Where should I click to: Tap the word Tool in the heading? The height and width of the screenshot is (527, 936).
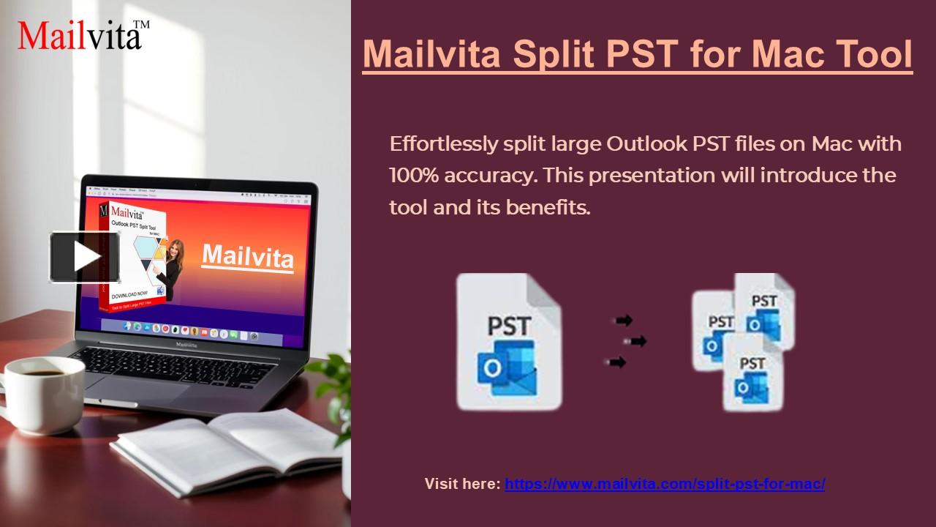874,53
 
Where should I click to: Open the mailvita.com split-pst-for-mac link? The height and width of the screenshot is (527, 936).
665,484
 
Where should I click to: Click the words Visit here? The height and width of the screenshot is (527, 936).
462,484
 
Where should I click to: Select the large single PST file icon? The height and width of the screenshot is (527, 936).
509,341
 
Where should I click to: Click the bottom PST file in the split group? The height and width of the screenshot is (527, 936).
752,373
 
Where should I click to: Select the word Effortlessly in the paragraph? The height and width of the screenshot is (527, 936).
443,143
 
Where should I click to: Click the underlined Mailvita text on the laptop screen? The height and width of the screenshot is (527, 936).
247,256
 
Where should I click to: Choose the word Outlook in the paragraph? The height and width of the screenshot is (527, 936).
646,143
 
